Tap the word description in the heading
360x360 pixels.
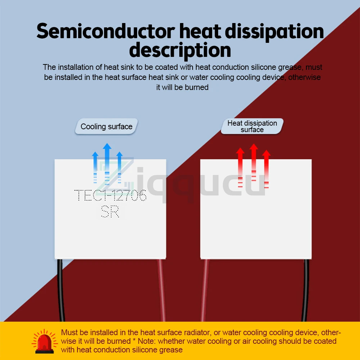click(x=180, y=50)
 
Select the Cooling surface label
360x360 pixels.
click(x=107, y=127)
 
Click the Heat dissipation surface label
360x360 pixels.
click(x=252, y=126)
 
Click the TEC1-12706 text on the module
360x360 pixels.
click(x=110, y=196)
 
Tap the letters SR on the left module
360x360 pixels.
click(x=110, y=212)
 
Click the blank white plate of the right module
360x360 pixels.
click(x=256, y=223)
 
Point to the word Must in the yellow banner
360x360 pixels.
click(x=69, y=332)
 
